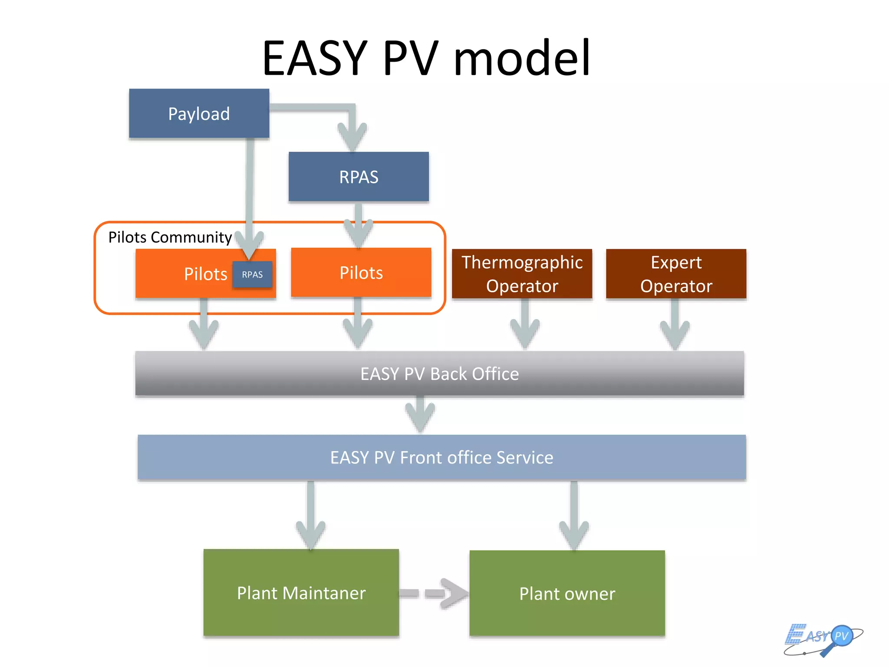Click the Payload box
coord(199,114)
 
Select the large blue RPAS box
coord(359,177)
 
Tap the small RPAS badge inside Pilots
coord(252,274)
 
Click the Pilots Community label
coord(170,237)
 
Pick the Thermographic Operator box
coord(522,274)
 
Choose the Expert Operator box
coord(676,274)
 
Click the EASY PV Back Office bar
coord(439,373)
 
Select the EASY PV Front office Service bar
coord(441,457)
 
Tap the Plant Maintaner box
coord(301,593)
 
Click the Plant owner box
coord(567,594)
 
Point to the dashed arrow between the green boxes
coord(434,593)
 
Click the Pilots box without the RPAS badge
coord(361,273)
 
